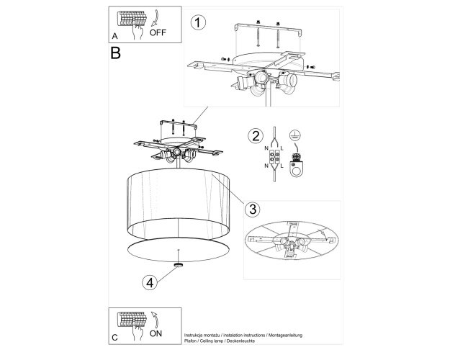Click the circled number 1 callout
pos(198,22)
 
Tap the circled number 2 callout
pos(256,135)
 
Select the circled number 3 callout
pos(253,210)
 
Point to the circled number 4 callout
pos(150,283)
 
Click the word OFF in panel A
pos(158,32)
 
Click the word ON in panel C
pos(156,333)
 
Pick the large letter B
pos(115,53)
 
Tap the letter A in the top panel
pos(114,36)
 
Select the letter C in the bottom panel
pos(114,338)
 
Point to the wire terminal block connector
pos(274,157)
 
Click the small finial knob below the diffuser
pos(179,265)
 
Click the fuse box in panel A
pos(132,19)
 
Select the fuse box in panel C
pos(132,319)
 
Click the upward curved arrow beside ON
pos(156,320)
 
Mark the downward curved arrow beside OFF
pos(156,19)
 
